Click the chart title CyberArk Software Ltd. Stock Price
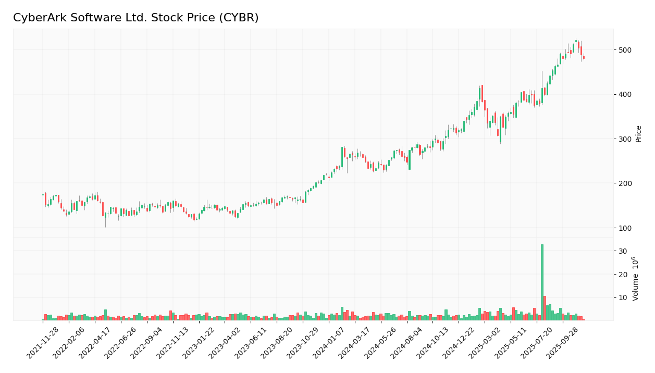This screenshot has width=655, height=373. click(135, 18)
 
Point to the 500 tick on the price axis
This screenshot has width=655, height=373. click(625, 50)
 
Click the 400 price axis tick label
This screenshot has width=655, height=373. click(625, 94)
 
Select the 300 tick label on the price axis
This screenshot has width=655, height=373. click(625, 139)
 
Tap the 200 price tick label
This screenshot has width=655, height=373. click(625, 183)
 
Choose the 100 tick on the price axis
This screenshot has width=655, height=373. click(625, 228)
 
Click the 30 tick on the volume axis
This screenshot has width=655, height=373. click(622, 251)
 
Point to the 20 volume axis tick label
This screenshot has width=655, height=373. click(622, 275)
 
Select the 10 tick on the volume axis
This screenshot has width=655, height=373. click(622, 298)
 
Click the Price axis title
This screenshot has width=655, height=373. click(638, 133)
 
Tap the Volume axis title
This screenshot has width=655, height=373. click(636, 279)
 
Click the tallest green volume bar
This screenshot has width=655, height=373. click(542, 282)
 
